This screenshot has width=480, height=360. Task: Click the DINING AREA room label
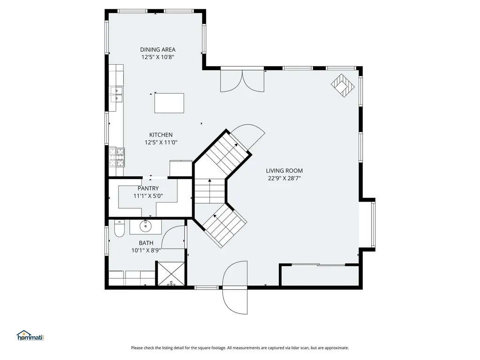tap(157, 50)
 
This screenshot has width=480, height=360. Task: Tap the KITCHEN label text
tap(161, 135)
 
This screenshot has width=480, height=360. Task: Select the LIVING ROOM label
tap(284, 171)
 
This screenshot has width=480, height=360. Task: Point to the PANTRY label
tap(148, 188)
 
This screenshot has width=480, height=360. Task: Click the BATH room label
tap(146, 243)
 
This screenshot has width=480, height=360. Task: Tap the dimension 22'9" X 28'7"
tap(285, 179)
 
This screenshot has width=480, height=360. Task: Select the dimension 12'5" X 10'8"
tap(157, 57)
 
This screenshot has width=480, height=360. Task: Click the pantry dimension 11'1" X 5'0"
tap(148, 196)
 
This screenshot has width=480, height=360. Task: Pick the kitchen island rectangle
tap(169, 103)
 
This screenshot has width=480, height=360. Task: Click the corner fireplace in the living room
tap(343, 85)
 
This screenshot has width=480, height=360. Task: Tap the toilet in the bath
tap(119, 228)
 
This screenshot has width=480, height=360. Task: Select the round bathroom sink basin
tap(145, 226)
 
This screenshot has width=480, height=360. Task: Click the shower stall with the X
tap(171, 274)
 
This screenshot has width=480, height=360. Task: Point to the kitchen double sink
tap(116, 94)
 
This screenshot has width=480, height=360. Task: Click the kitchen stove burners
tap(117, 157)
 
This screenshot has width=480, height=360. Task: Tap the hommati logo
tap(30, 336)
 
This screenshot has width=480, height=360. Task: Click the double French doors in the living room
tap(242, 81)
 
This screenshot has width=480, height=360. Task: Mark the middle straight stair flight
tap(210, 191)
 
